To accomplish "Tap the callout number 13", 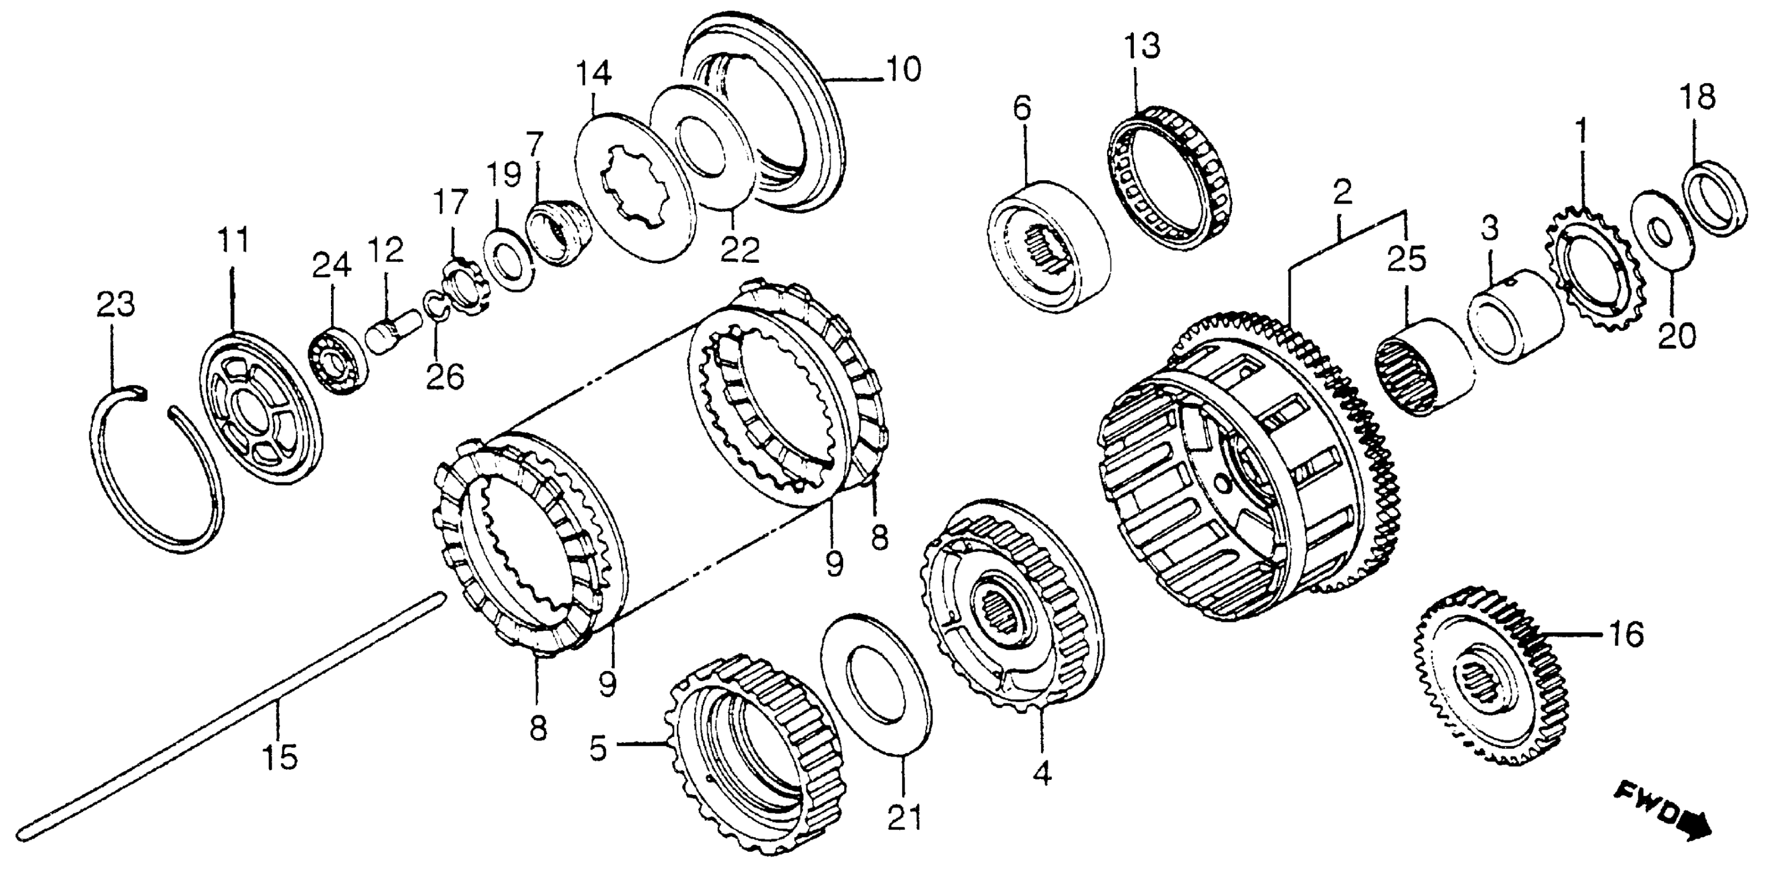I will click(x=1142, y=48).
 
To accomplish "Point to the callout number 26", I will click(x=445, y=375).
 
